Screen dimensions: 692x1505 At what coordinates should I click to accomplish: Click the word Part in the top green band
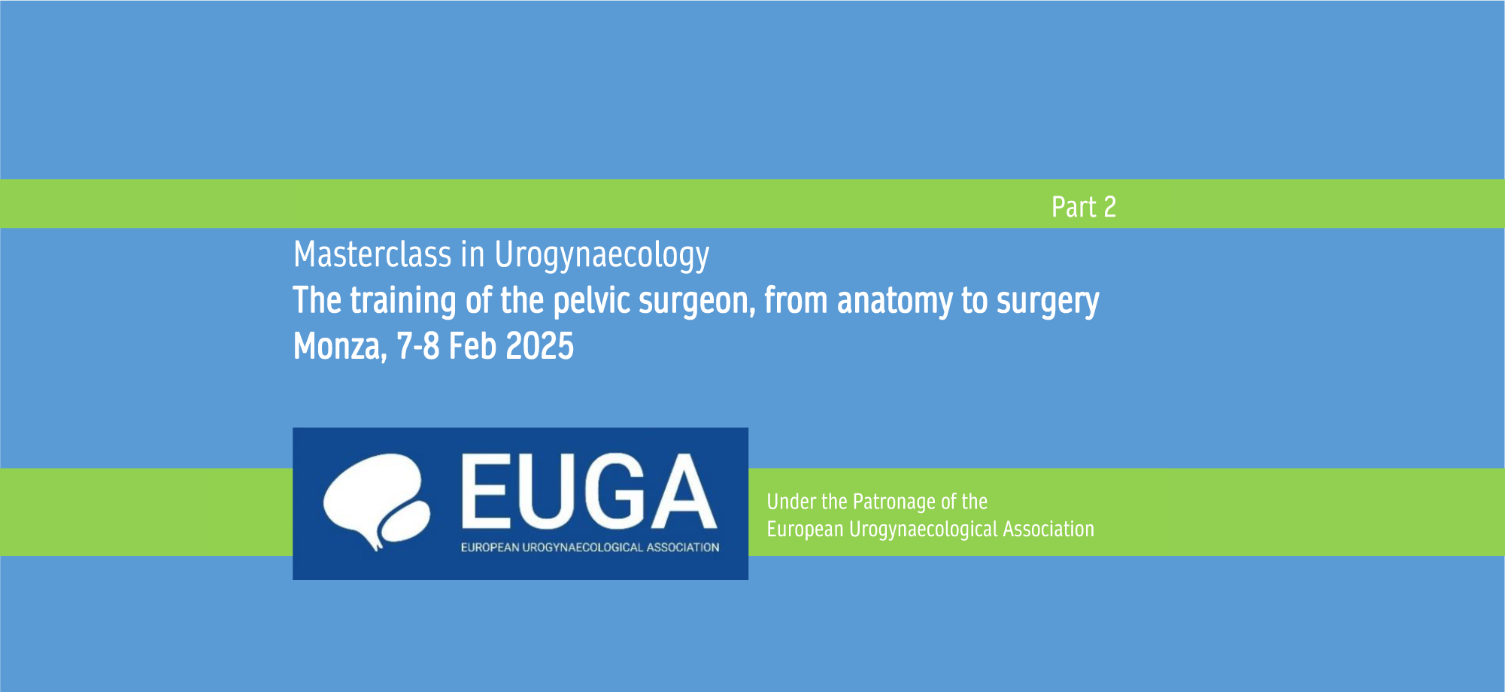pyautogui.click(x=1073, y=207)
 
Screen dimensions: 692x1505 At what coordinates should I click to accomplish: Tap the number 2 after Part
pyautogui.click(x=1110, y=207)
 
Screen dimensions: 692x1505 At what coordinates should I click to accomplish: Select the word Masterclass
pyautogui.click(x=372, y=254)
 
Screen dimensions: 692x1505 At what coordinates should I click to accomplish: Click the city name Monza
pyautogui.click(x=339, y=347)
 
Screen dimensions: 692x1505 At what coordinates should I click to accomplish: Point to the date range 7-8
pyautogui.click(x=417, y=346)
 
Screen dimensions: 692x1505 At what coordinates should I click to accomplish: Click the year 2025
pyautogui.click(x=539, y=346)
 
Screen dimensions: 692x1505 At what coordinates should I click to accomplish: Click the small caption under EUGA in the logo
pyautogui.click(x=590, y=548)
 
